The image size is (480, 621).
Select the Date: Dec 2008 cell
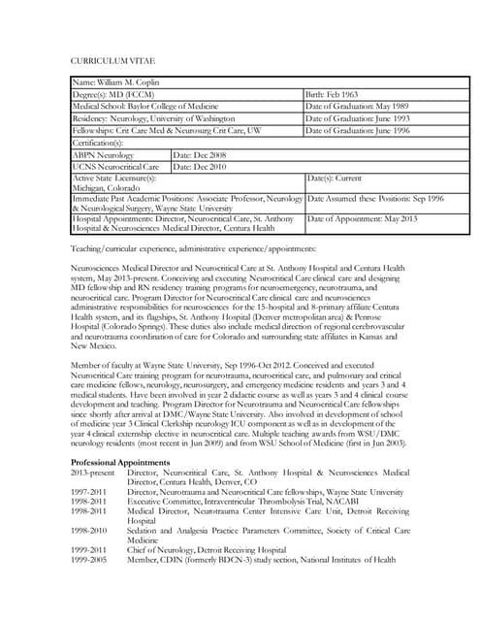click(200, 154)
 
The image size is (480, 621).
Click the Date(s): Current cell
click(335, 179)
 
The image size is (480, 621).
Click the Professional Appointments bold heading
click(121, 463)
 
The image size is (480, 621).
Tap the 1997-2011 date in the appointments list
click(91, 492)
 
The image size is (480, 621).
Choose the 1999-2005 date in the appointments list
click(91, 559)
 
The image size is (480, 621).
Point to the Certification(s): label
click(101, 143)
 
